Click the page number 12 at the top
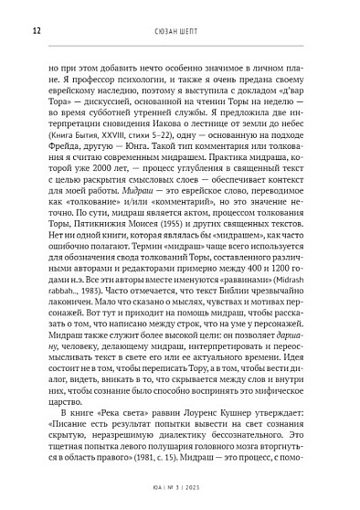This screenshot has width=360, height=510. (x=36, y=30)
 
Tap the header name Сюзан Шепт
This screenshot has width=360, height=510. (x=181, y=30)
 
